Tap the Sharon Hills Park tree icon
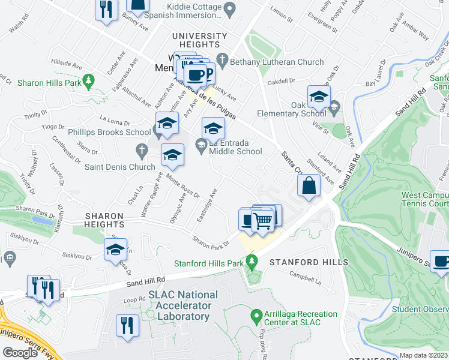(89, 79)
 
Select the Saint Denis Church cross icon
(142, 149)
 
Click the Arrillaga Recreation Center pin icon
(256, 314)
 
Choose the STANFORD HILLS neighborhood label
(309, 263)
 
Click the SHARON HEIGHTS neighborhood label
(104, 220)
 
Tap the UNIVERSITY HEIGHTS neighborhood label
(200, 40)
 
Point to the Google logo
(20, 352)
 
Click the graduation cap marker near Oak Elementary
(319, 96)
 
